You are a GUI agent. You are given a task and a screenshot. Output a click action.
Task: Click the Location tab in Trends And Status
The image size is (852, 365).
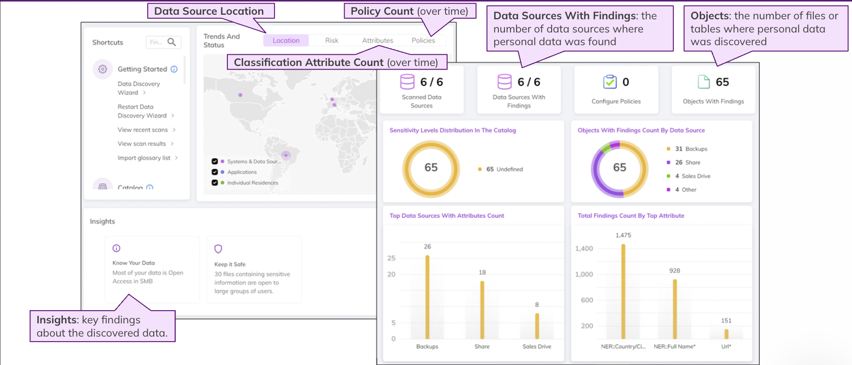click(286, 40)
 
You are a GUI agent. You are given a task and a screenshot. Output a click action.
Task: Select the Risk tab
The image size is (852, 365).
click(331, 40)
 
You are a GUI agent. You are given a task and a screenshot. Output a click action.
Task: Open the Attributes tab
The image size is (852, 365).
click(378, 40)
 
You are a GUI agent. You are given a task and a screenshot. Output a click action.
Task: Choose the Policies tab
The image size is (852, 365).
click(423, 40)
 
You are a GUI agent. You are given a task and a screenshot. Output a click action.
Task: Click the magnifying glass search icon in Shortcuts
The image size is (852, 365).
click(172, 42)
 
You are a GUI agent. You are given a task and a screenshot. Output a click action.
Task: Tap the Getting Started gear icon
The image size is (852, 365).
click(103, 69)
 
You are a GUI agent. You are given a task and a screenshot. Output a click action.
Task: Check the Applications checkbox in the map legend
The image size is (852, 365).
click(215, 172)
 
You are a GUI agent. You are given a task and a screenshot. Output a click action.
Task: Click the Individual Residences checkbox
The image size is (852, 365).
click(215, 183)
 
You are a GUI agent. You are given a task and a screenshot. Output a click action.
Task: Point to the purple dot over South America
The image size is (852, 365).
click(286, 155)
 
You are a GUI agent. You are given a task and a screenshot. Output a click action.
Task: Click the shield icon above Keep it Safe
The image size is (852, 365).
click(218, 249)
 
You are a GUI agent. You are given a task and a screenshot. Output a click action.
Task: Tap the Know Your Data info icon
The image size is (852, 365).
click(116, 248)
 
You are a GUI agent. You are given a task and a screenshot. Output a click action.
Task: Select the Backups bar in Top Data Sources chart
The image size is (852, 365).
click(427, 297)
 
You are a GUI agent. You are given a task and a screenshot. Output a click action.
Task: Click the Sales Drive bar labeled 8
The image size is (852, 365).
click(537, 326)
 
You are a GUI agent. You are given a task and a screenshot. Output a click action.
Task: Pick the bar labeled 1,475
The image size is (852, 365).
click(623, 291)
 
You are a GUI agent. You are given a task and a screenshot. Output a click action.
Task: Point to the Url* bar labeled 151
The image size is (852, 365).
click(726, 334)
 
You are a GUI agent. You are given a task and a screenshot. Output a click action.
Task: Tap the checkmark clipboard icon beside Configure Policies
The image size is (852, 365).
click(610, 82)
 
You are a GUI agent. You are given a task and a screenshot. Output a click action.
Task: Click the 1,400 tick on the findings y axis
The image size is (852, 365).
click(584, 249)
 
